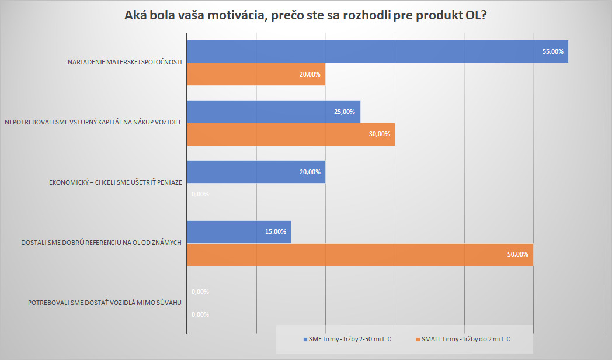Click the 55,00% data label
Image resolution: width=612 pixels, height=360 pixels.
(x=552, y=51)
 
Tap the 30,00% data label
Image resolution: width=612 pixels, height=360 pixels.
(x=379, y=134)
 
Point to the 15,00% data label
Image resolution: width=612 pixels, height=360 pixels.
(x=276, y=231)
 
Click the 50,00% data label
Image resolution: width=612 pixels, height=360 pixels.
(x=518, y=254)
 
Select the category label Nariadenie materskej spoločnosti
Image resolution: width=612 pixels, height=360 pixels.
(x=125, y=63)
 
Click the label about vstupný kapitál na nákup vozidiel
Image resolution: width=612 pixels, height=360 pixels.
(x=93, y=123)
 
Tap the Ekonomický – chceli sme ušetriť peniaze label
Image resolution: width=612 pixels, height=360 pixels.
(x=116, y=182)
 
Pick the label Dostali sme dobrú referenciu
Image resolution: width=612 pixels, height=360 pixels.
(x=102, y=243)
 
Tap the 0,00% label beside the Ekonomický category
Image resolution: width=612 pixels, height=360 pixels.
(x=200, y=194)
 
